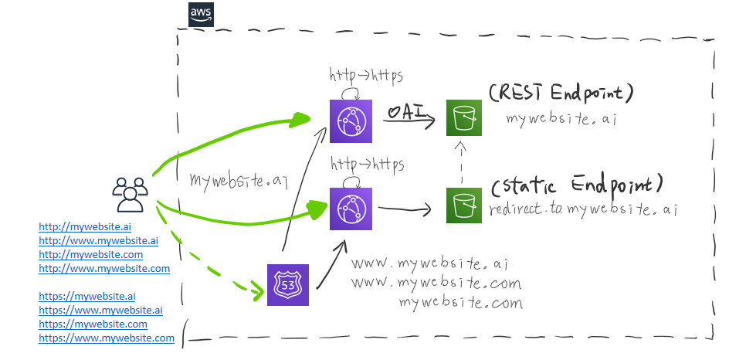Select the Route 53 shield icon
(x=287, y=285)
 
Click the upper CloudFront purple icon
(x=351, y=122)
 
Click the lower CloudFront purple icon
(x=351, y=209)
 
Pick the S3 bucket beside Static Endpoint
(x=464, y=205)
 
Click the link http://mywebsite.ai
(x=85, y=227)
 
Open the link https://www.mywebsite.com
(x=107, y=338)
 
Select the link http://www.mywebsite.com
(x=104, y=269)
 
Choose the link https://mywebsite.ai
(x=87, y=296)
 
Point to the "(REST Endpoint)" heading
(x=561, y=93)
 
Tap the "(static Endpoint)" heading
(x=578, y=186)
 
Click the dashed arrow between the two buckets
(x=461, y=163)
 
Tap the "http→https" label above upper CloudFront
(x=366, y=76)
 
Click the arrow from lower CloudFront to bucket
(x=405, y=208)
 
